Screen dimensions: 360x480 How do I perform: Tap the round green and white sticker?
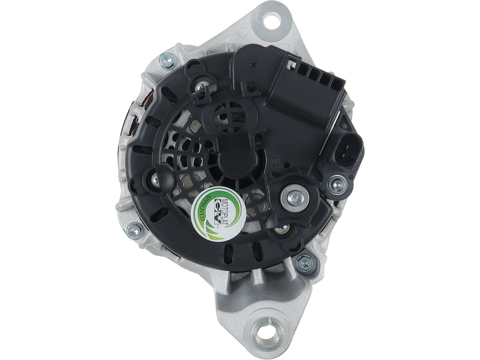coord(217,213)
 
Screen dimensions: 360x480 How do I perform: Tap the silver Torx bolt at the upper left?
coord(167,61)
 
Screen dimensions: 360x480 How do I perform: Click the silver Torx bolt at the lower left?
coord(134,230)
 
